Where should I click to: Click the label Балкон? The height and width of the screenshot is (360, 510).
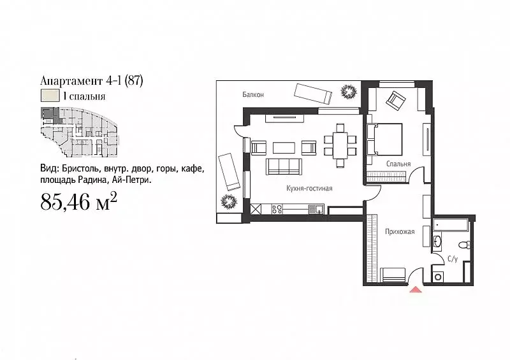point(253,94)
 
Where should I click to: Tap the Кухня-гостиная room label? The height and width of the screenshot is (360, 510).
point(309,189)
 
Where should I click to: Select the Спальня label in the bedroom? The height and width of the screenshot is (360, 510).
point(397,164)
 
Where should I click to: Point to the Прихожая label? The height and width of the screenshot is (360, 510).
point(400,231)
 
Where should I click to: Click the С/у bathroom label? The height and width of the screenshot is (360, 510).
point(453,259)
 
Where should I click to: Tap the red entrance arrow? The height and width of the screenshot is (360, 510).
point(415,290)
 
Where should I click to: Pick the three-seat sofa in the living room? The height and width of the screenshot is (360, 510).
point(284,167)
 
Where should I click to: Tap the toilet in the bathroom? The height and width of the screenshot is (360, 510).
point(464,245)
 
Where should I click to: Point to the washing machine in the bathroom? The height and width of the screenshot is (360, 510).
point(438,276)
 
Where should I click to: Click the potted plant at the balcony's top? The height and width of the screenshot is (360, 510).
point(348,92)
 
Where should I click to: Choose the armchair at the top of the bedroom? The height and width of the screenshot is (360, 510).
point(397,100)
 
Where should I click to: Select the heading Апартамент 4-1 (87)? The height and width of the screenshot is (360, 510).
point(91,81)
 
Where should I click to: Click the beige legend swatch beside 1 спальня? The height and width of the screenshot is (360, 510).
point(48,97)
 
